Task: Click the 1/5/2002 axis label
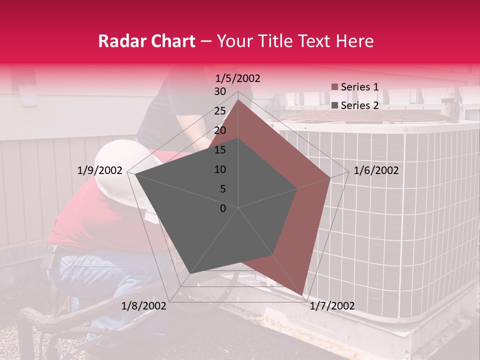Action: click(238, 78)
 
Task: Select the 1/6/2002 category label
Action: click(376, 170)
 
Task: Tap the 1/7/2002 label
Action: click(332, 306)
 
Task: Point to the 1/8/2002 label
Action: click(144, 306)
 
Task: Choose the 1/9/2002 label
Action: click(100, 170)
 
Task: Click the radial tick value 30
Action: click(220, 91)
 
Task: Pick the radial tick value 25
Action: click(220, 111)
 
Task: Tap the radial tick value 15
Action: click(220, 150)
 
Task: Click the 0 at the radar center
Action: click(223, 208)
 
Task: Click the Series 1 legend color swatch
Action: click(335, 87)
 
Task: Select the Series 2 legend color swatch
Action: click(335, 105)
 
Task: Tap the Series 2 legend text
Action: click(359, 105)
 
